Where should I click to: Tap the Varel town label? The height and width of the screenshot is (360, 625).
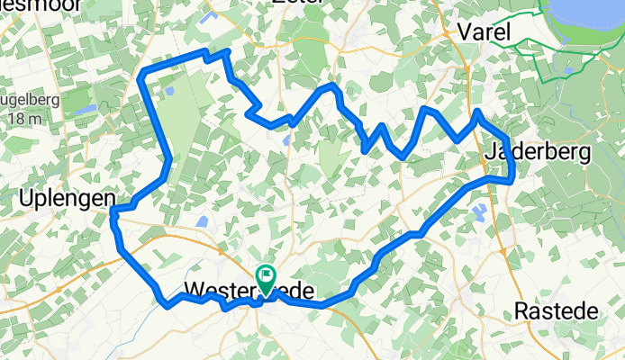pos(484,32)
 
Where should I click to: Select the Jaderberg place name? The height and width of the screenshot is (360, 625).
pos(537,152)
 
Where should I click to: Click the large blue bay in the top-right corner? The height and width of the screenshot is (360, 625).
pos(585,18)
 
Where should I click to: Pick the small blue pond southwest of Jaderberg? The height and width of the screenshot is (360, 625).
pos(479,211)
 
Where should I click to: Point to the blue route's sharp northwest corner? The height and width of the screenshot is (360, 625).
pos(144,71)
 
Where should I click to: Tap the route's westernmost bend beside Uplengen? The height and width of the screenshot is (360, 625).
pos(113,212)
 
